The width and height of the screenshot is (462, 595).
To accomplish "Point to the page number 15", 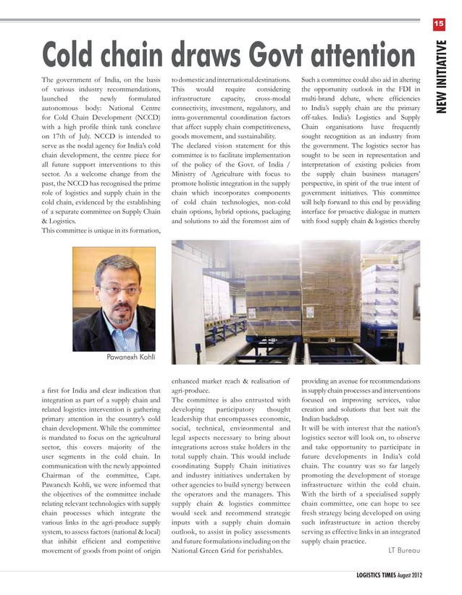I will pos(438,25).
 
